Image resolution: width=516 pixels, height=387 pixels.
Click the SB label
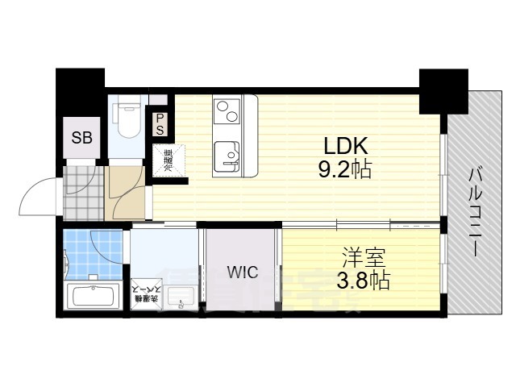(x=82, y=137)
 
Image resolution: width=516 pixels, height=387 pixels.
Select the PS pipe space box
(x=160, y=123)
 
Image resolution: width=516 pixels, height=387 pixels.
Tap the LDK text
(x=346, y=147)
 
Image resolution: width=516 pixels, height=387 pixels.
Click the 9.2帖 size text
(x=346, y=170)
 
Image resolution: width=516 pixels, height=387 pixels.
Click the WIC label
(x=242, y=273)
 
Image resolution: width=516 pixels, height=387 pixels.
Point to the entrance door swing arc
(x=40, y=193)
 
